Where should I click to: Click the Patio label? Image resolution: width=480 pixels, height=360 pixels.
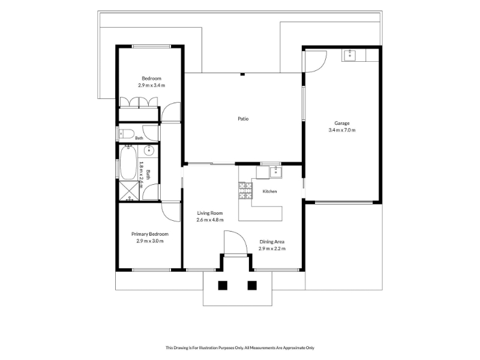tap(243, 119)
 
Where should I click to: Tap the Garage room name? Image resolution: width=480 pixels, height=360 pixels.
tap(342, 123)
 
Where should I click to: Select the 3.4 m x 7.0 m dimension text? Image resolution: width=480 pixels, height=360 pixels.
tap(342, 130)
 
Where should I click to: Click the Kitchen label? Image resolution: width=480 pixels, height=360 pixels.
tap(269, 191)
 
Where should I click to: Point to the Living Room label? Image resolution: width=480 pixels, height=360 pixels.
tap(209, 213)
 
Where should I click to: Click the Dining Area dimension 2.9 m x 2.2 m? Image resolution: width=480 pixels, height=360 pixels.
tap(272, 248)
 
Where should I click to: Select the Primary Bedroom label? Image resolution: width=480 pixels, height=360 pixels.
tap(150, 234)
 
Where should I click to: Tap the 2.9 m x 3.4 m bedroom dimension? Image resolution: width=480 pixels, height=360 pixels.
tap(152, 85)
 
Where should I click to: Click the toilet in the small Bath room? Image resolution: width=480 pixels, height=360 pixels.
tap(127, 133)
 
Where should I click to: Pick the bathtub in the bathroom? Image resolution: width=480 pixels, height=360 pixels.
tap(128, 163)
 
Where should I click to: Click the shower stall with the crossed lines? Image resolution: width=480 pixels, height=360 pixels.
tap(129, 191)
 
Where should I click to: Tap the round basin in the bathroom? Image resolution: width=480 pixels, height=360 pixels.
tap(149, 150)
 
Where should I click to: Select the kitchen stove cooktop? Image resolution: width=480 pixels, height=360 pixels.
tap(245, 190)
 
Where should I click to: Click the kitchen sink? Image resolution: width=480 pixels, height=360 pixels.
tap(276, 172)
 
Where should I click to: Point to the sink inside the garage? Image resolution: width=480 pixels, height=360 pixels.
tap(349, 55)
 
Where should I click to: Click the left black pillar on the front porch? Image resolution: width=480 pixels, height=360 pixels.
tap(223, 286)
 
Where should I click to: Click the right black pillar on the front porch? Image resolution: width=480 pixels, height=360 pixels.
tap(252, 286)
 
